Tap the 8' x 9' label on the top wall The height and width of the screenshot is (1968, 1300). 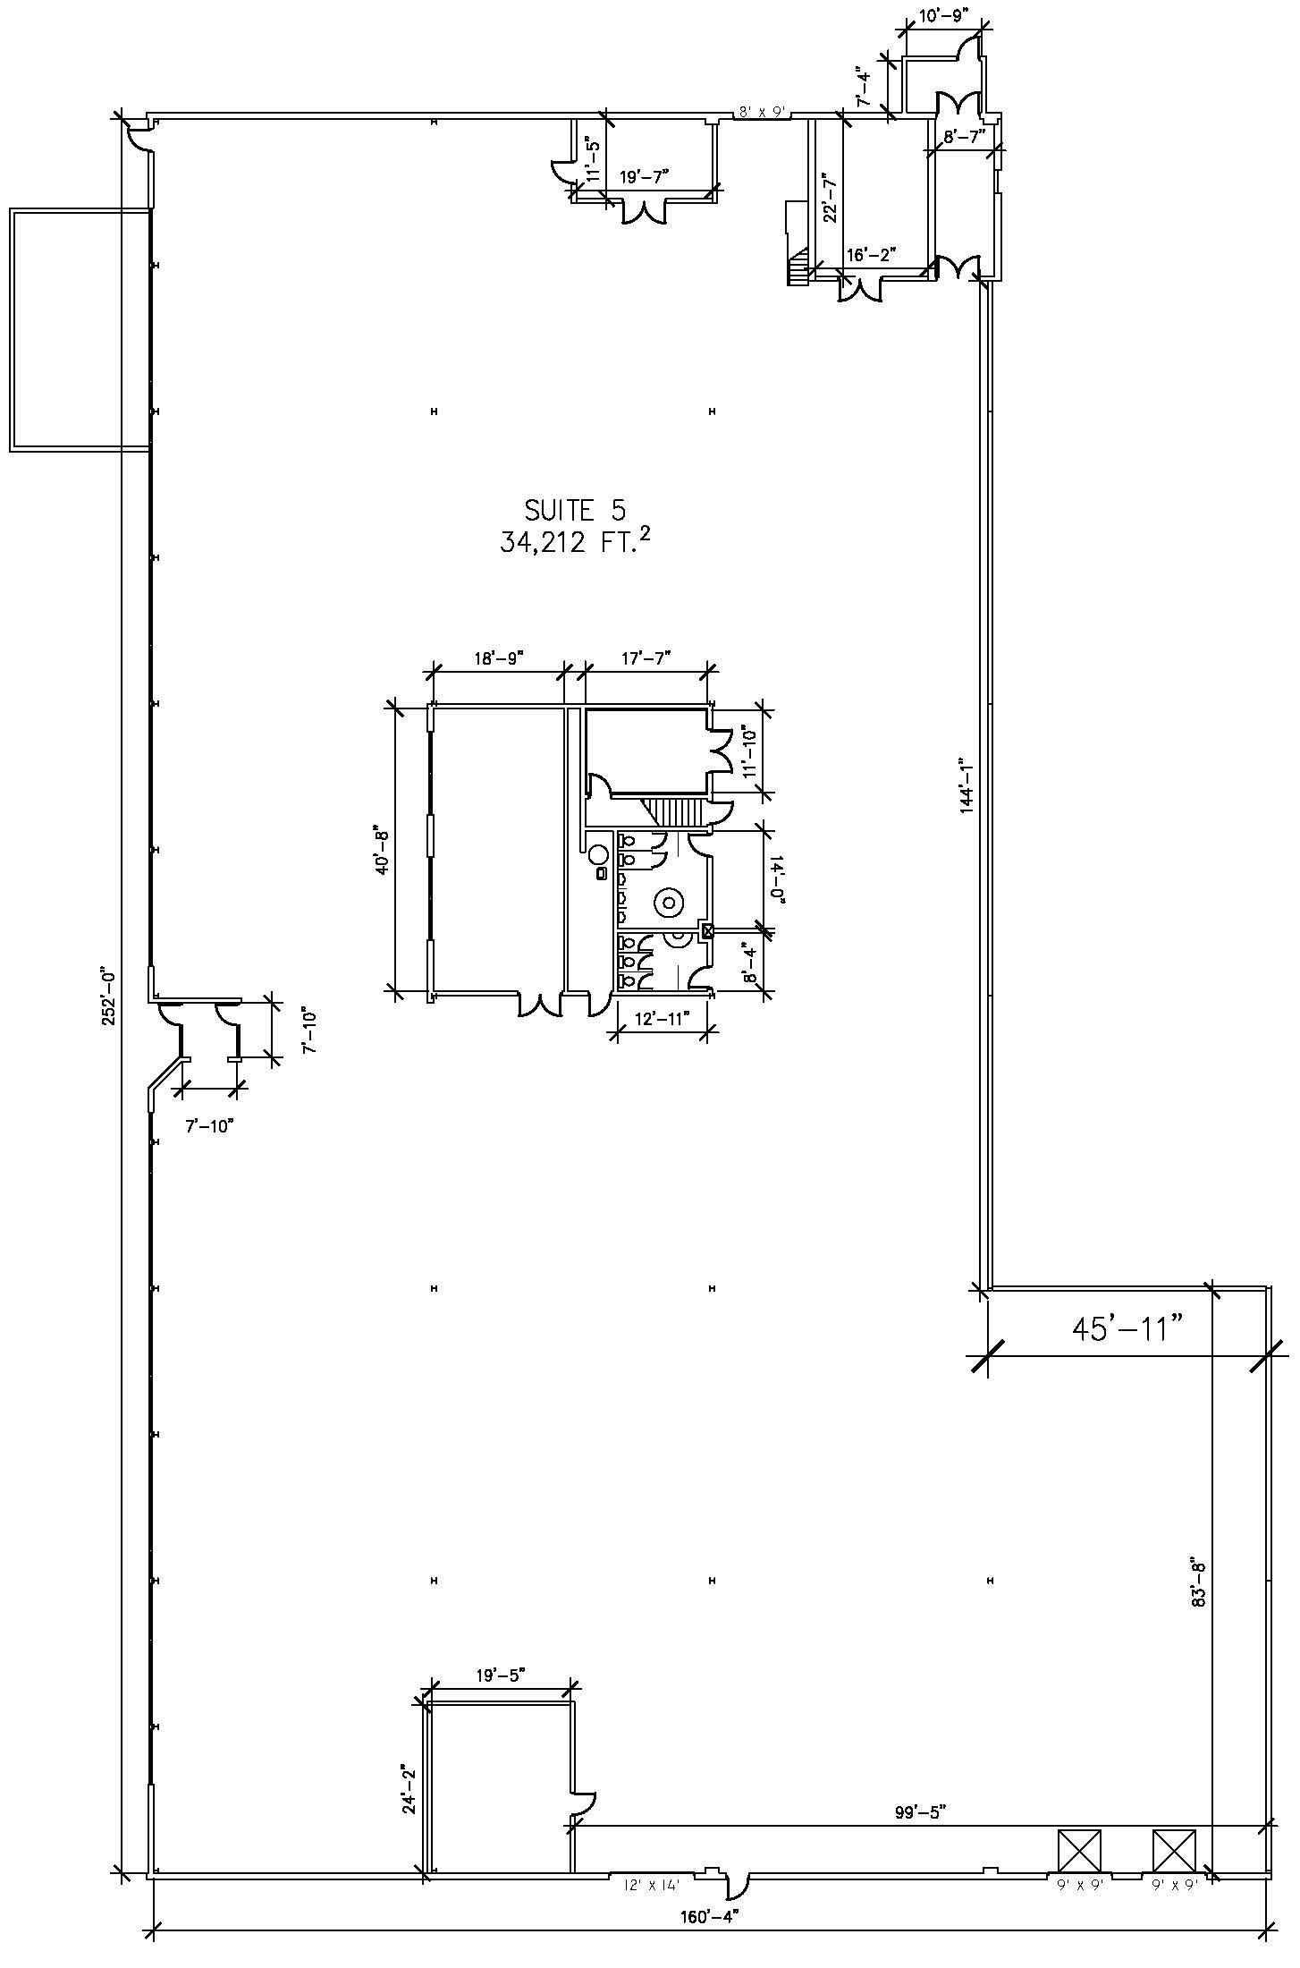pos(760,112)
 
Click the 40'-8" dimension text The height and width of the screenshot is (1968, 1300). pos(384,850)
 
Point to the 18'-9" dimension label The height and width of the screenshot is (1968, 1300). pos(498,658)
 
